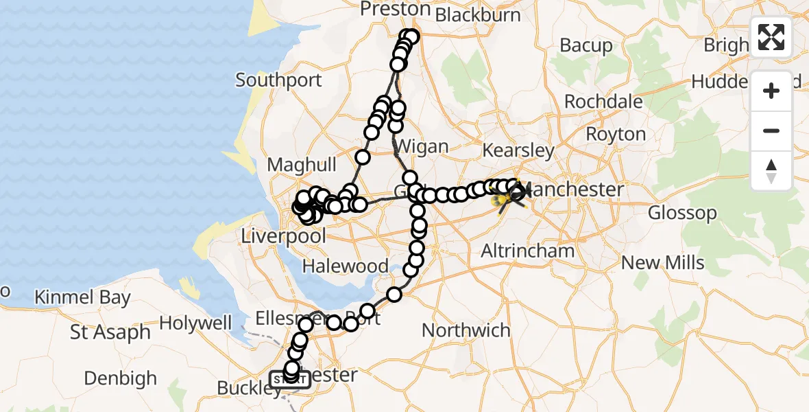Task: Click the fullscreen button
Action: point(771,37)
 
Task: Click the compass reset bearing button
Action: point(771,171)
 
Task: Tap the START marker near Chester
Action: point(290,379)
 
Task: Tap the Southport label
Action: point(278,80)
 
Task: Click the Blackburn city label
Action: point(478,14)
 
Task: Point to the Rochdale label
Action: point(603,102)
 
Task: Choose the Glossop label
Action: point(682,213)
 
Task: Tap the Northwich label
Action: point(466,330)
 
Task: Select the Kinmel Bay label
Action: point(82,298)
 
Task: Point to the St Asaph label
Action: point(110,332)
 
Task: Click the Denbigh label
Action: point(121,378)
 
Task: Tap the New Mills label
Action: point(663,262)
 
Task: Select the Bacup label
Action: point(586,45)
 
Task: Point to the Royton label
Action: point(616,134)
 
